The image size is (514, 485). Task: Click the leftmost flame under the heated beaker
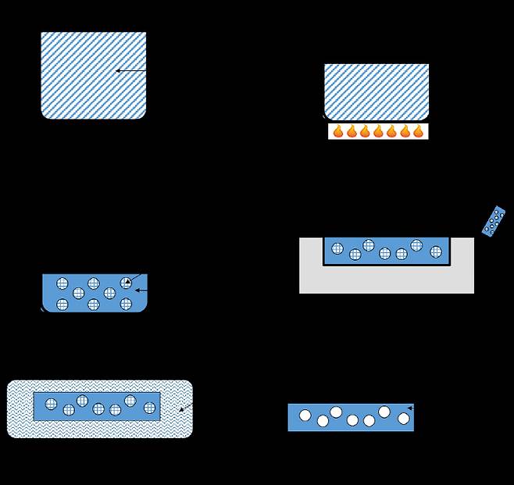click(338, 131)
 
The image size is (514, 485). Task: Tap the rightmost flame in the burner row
click(418, 131)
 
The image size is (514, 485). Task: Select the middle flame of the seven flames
click(378, 131)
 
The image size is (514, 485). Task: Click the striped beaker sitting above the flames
click(377, 91)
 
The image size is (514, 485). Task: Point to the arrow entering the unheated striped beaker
click(130, 71)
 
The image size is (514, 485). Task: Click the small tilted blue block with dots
click(493, 221)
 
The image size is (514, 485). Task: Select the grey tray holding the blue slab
click(387, 279)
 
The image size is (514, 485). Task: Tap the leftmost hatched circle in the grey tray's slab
click(337, 249)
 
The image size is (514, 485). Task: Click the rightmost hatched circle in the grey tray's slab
click(436, 251)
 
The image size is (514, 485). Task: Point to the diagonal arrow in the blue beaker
click(133, 279)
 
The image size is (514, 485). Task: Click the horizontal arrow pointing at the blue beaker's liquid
click(141, 291)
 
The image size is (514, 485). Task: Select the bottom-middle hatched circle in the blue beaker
click(94, 305)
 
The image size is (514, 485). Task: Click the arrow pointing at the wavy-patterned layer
click(185, 408)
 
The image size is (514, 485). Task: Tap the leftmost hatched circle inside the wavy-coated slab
click(51, 404)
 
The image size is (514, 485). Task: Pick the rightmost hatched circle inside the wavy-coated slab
click(149, 407)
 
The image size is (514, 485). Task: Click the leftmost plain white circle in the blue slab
click(305, 415)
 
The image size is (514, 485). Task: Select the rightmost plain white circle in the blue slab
click(403, 419)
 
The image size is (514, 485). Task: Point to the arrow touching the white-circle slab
click(411, 408)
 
